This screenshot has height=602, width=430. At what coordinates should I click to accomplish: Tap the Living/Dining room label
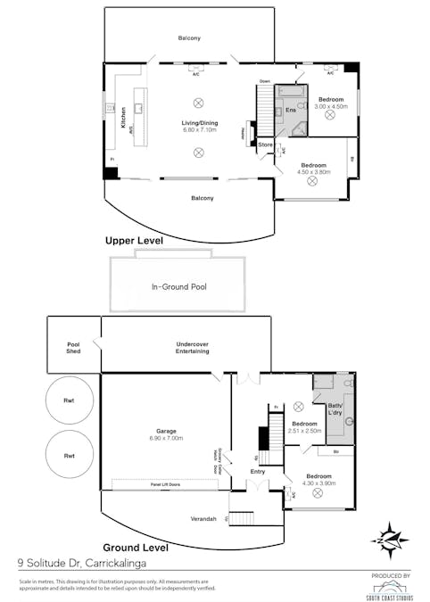(x=200, y=123)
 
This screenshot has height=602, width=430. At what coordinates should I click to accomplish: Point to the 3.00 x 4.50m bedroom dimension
(x=329, y=105)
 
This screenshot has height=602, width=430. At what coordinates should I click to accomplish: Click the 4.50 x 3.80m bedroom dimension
(x=313, y=171)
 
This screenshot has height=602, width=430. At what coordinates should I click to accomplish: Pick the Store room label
(x=265, y=144)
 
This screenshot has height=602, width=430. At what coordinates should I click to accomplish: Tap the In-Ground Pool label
(x=176, y=288)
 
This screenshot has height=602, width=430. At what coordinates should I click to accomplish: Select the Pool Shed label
(x=73, y=348)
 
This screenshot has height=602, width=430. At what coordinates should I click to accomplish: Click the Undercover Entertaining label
(x=192, y=347)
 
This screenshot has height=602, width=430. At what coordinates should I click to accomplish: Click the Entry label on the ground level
(x=257, y=471)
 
